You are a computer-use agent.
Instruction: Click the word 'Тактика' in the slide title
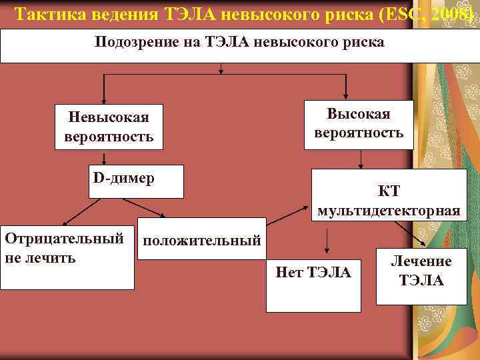46,14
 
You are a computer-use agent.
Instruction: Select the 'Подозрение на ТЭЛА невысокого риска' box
239,45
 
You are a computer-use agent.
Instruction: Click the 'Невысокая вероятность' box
109,127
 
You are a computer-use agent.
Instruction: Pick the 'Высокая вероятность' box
359,123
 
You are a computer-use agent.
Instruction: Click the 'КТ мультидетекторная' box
389,195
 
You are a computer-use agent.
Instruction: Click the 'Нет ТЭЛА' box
313,284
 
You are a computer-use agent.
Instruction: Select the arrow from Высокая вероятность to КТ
361,158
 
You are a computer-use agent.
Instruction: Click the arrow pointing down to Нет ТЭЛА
327,240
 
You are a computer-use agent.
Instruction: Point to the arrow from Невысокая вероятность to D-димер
104,158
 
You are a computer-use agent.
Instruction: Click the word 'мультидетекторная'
389,211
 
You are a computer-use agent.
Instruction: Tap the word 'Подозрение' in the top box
133,42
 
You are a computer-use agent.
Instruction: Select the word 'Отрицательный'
64,239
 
